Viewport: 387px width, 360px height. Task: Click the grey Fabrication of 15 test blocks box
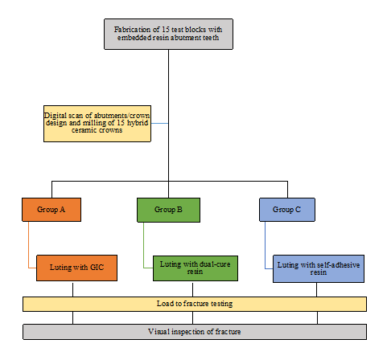168,34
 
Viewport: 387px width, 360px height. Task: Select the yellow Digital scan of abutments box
97,124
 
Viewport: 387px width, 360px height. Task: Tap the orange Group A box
51,210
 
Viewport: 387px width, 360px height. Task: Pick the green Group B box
168,210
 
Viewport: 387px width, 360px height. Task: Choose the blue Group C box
287,210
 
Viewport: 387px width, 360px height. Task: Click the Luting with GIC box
76,268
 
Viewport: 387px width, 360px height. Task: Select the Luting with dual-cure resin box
196,268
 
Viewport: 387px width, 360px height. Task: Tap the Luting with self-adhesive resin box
319,268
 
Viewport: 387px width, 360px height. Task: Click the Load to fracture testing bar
195,304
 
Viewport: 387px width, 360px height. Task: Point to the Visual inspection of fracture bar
195,332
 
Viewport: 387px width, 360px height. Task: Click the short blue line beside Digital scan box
160,123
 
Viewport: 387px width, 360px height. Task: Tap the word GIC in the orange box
97,268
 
